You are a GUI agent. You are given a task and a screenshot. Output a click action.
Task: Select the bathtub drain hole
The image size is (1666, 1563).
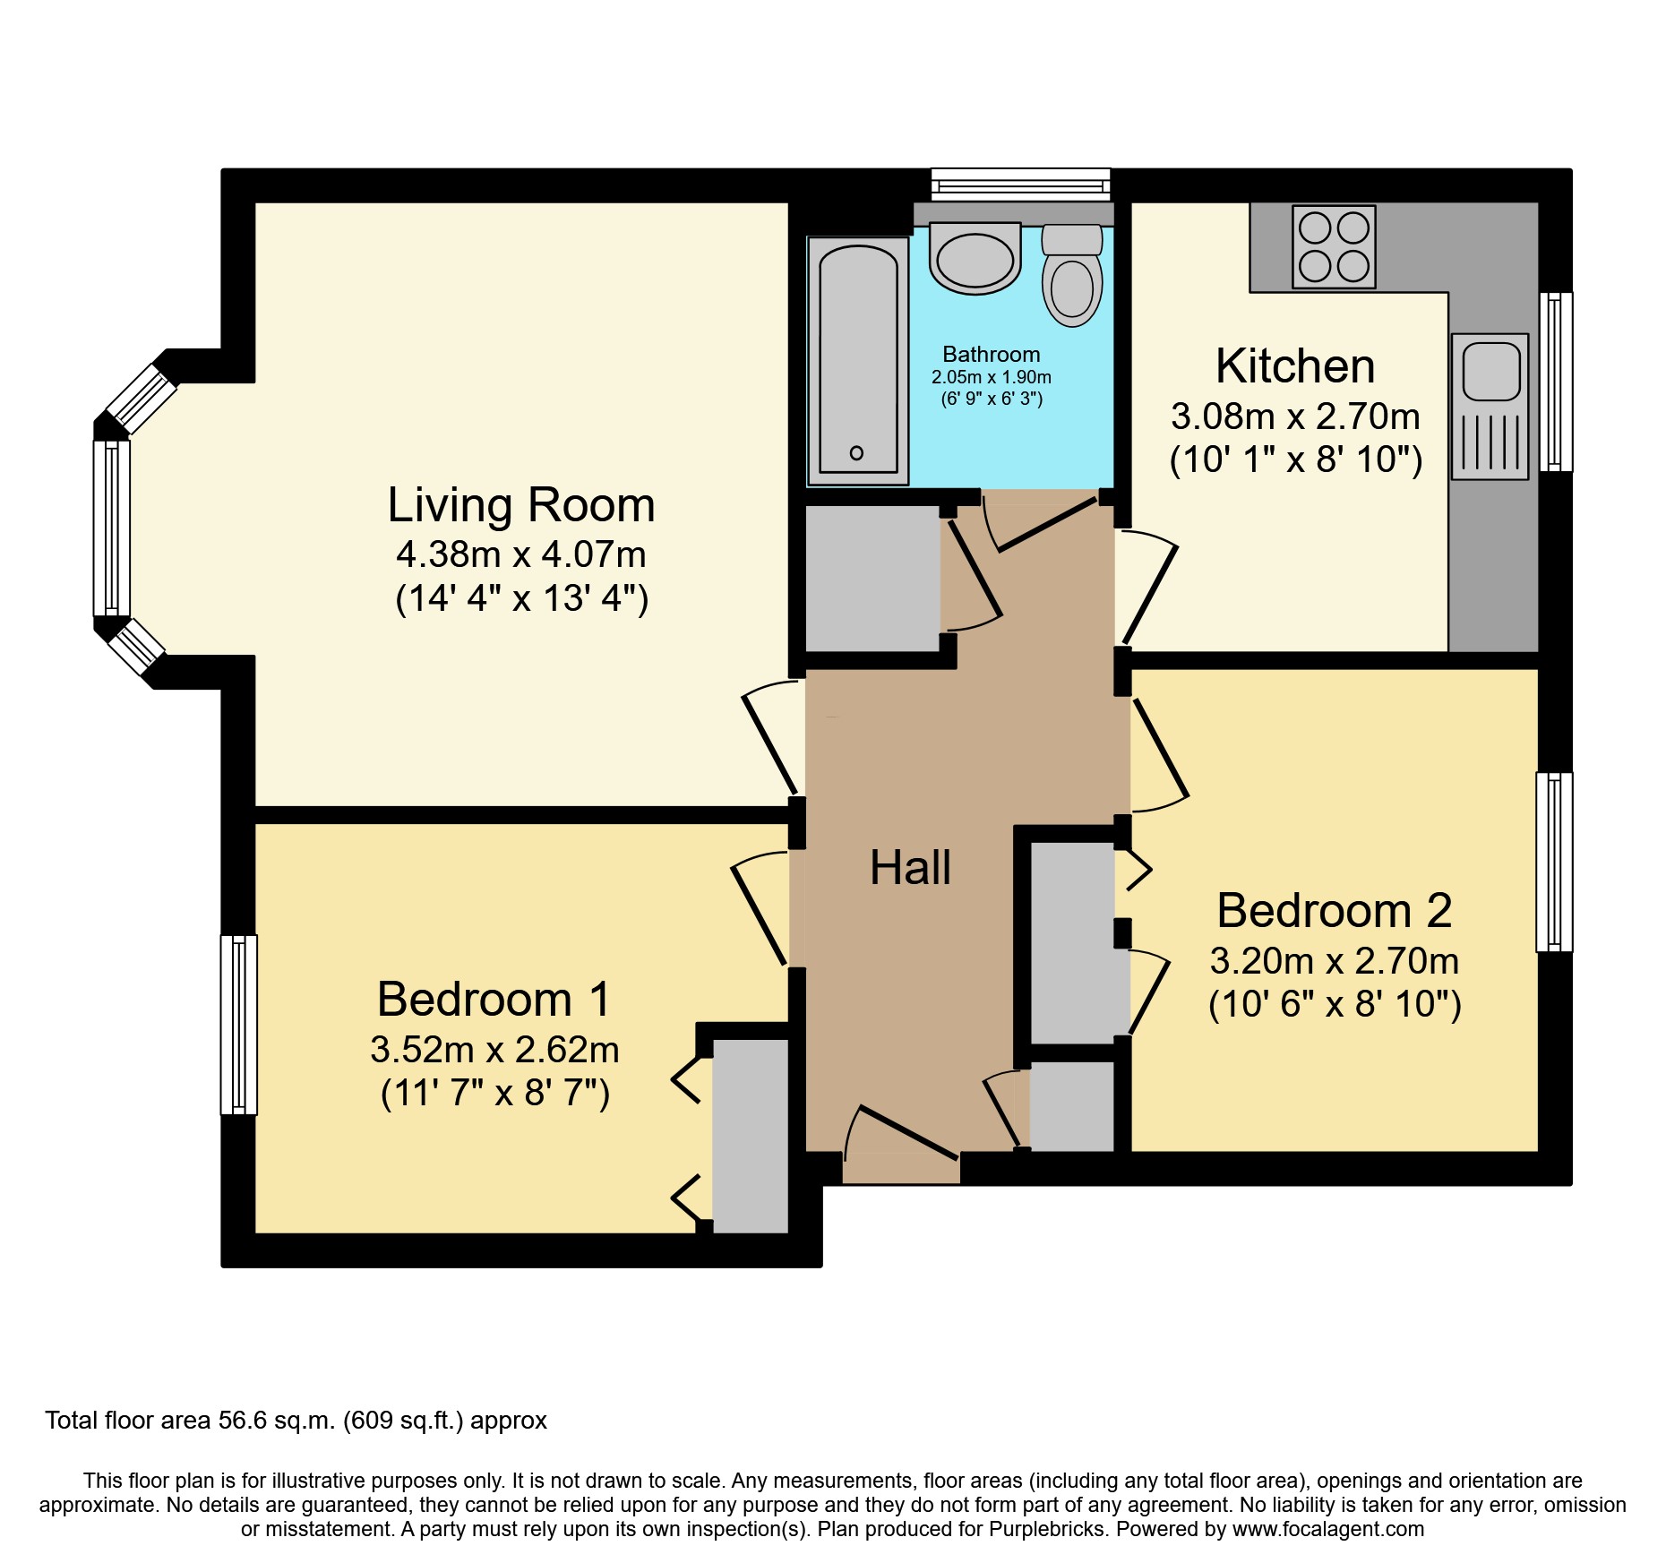(856, 453)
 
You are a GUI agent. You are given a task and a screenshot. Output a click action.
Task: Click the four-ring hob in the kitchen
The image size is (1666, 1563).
(1334, 247)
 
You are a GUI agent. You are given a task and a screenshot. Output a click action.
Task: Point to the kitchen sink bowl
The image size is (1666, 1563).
(1491, 372)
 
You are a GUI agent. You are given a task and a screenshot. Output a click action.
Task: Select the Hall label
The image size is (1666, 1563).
(910, 867)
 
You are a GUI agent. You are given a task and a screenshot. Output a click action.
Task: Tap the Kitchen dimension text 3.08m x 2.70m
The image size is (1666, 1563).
(1295, 417)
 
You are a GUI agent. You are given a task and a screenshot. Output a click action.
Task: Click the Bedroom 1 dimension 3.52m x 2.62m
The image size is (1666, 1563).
(494, 1050)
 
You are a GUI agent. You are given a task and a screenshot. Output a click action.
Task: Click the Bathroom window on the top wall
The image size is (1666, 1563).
(1020, 185)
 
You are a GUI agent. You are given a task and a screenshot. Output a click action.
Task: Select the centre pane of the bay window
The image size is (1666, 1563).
(112, 528)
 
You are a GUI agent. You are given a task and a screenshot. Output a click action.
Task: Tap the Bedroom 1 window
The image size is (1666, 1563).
(238, 1025)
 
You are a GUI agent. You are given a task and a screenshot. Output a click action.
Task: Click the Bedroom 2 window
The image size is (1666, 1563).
(1554, 862)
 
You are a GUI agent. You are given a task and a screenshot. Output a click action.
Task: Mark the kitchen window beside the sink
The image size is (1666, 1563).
(1556, 382)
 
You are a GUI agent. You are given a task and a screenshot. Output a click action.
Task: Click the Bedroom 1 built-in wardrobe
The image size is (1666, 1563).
(750, 1135)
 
